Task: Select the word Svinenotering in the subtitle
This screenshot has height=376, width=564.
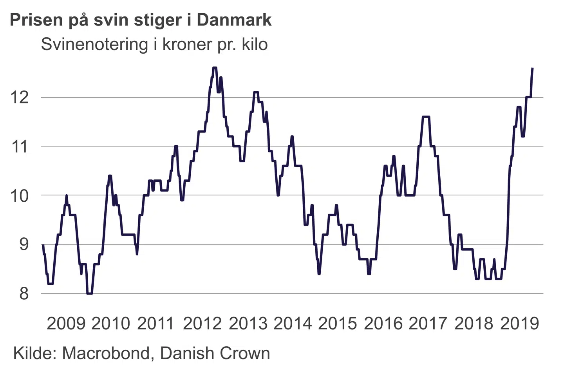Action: click(94, 44)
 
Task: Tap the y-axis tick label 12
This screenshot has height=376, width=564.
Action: click(20, 97)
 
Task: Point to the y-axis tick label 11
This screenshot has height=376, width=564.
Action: click(20, 147)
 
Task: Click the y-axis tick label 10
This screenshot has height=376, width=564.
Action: click(20, 195)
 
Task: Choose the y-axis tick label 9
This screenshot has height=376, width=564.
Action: click(24, 244)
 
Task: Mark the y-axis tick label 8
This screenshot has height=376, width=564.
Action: click(24, 293)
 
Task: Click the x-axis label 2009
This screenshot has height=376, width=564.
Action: click(66, 324)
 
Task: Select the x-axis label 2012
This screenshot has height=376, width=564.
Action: click(202, 324)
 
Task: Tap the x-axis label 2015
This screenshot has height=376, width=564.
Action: click(338, 324)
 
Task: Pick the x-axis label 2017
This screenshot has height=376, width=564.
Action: click(428, 324)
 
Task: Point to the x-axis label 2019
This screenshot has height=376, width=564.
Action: click(519, 324)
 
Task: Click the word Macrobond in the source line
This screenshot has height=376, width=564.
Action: click(106, 353)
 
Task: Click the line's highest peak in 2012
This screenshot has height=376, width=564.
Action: click(214, 68)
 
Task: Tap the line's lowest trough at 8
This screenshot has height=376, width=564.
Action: click(90, 293)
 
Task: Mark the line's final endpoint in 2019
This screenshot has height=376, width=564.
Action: click(533, 69)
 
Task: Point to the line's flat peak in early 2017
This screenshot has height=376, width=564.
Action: click(426, 117)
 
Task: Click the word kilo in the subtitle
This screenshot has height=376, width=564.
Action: click(255, 44)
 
